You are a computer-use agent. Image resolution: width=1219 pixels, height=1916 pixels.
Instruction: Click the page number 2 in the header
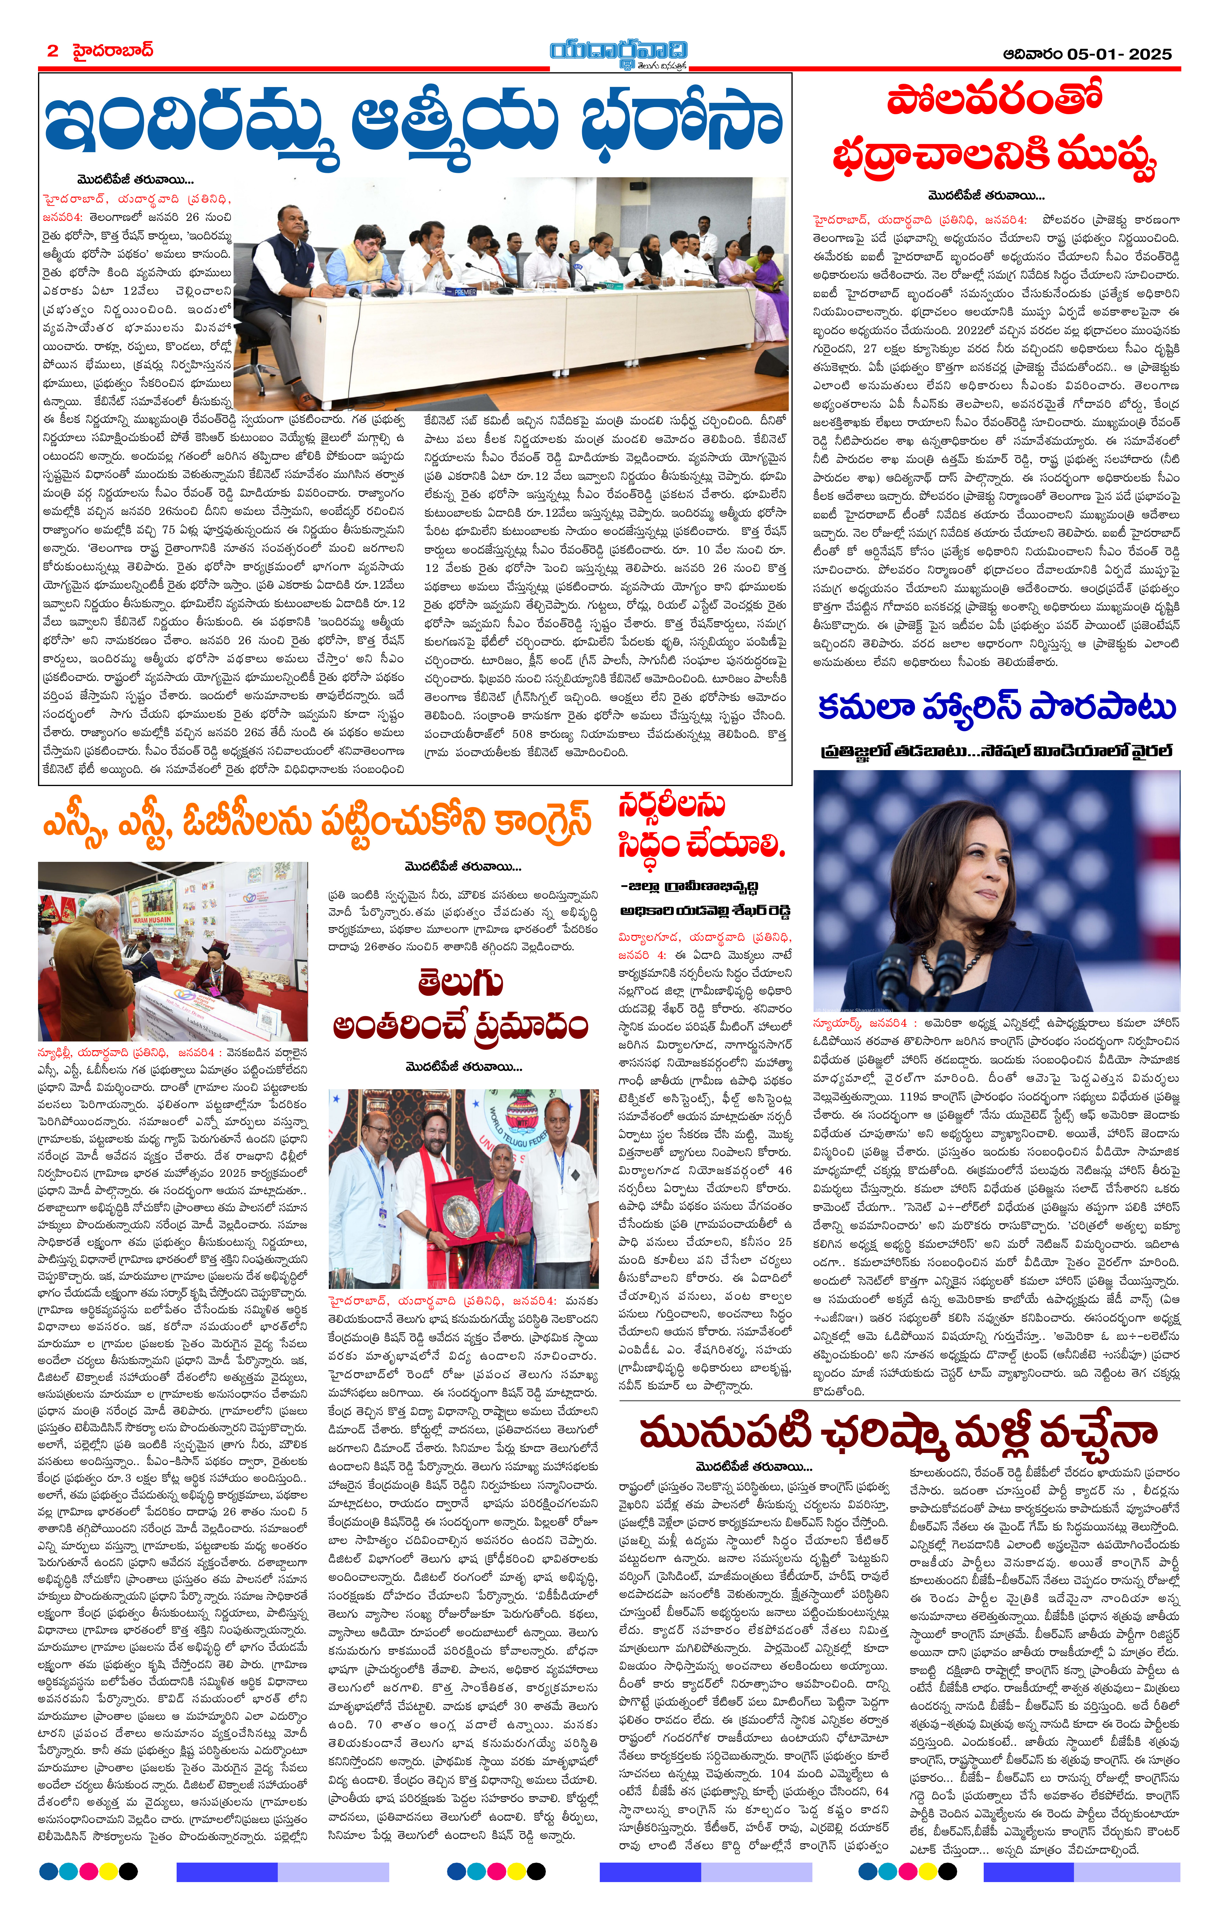[52, 51]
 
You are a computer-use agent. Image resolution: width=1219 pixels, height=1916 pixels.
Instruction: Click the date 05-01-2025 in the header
[1119, 54]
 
